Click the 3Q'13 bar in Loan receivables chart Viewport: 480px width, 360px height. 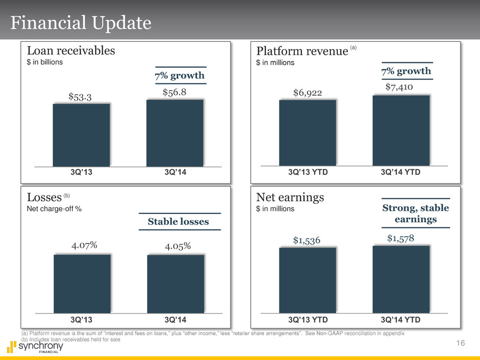[81, 135]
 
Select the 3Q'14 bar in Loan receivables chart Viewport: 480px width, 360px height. [175, 133]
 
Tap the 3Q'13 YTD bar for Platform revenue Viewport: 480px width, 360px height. [307, 133]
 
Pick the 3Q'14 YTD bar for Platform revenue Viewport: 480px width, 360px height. [401, 130]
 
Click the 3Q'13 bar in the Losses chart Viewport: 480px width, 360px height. [82, 283]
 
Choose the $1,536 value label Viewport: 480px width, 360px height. [307, 240]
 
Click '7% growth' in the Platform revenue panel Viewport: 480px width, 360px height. [406, 70]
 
